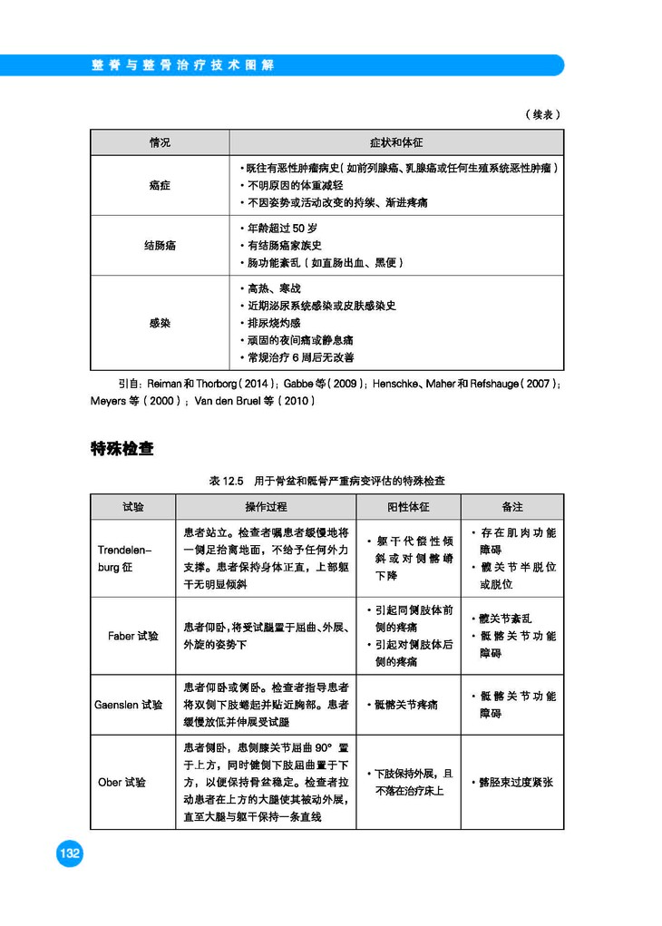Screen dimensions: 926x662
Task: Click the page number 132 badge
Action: (69, 853)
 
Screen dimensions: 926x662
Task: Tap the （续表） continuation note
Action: (542, 114)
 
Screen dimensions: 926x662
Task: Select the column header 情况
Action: (160, 143)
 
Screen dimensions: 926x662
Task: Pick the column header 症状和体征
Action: (396, 143)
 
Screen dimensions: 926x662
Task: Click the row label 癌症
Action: (160, 185)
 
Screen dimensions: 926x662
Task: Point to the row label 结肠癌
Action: (160, 245)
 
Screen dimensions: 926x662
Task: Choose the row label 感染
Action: (160, 323)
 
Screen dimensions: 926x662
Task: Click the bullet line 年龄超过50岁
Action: (282, 228)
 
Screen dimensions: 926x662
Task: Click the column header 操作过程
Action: (266, 507)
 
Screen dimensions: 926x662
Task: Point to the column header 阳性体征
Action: (408, 507)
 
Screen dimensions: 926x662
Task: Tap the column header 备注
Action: (512, 507)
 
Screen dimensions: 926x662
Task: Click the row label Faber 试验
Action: (133, 636)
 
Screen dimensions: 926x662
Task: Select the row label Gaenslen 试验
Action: (129, 704)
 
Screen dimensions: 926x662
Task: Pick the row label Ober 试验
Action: (122, 782)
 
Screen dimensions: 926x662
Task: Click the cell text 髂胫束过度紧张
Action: (516, 782)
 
